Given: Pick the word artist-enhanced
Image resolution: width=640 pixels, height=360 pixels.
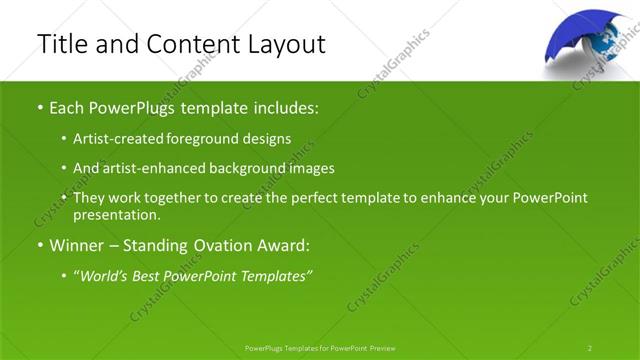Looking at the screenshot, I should click(x=146, y=169).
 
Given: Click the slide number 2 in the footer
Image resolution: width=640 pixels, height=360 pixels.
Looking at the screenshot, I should click(x=590, y=347).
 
